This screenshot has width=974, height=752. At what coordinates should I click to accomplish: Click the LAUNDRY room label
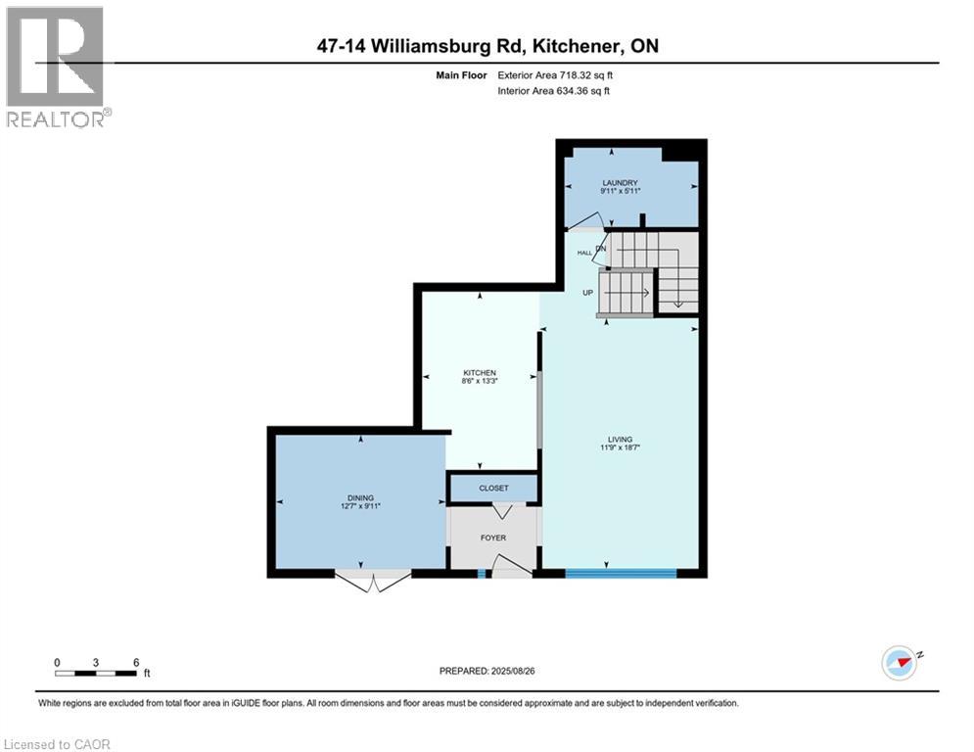[x=621, y=182]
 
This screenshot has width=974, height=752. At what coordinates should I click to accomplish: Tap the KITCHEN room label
[x=480, y=372]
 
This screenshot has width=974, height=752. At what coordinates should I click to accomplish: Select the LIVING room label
[x=620, y=439]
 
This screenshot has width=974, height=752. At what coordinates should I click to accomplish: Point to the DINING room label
[x=360, y=497]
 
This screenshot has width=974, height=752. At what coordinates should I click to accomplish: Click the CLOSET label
[x=493, y=488]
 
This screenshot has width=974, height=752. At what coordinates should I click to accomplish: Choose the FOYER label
[x=492, y=538]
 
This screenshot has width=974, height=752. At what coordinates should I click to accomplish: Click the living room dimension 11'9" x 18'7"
[x=620, y=447]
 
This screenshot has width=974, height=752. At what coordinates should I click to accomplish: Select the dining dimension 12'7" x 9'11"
[x=360, y=506]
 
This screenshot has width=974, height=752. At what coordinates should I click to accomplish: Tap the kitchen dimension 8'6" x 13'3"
[x=480, y=381]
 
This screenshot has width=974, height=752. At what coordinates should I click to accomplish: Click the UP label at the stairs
[x=587, y=292]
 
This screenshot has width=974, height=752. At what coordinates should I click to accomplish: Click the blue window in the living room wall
[x=621, y=571]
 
